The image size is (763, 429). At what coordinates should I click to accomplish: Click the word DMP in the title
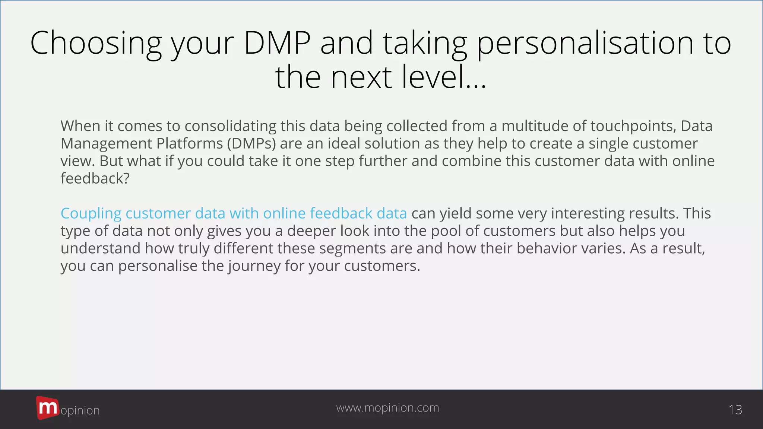click(x=277, y=43)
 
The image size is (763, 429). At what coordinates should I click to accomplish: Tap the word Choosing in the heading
click(x=96, y=43)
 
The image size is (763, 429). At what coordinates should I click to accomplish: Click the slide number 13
click(x=735, y=410)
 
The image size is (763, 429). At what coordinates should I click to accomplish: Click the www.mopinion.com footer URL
click(x=387, y=408)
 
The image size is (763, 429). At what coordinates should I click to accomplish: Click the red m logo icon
click(x=47, y=408)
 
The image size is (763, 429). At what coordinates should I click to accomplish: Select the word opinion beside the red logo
click(x=80, y=410)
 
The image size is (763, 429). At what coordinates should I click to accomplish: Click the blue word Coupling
click(x=91, y=213)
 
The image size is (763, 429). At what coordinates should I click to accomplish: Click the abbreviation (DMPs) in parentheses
click(x=252, y=143)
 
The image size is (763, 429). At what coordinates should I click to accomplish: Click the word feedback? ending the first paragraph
click(x=95, y=178)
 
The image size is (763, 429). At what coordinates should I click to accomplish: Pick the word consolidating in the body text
click(x=230, y=126)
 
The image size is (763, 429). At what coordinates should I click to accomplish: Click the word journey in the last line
click(x=254, y=266)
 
